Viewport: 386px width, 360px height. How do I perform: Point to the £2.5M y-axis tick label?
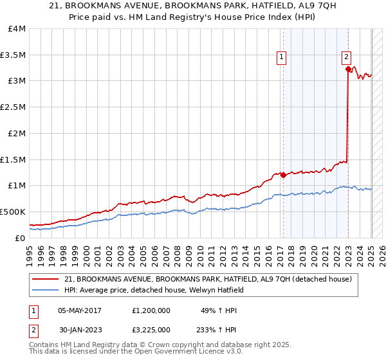[x=13, y=107]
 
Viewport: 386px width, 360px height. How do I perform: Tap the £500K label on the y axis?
[x=13, y=212]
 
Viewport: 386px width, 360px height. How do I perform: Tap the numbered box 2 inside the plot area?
[x=346, y=56]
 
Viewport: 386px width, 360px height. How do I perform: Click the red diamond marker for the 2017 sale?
[x=282, y=175]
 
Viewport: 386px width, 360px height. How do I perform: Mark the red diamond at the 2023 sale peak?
[x=348, y=69]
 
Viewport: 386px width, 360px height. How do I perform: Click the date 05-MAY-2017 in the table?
[x=82, y=310]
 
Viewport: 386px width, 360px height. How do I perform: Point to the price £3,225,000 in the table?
[x=151, y=330]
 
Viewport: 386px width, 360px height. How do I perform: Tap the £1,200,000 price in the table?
[x=151, y=310]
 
